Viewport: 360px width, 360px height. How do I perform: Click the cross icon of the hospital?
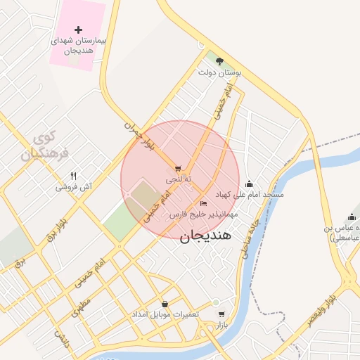pyautogui.click(x=78, y=30)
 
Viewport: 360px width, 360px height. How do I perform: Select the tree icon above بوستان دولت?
pyautogui.click(x=219, y=61)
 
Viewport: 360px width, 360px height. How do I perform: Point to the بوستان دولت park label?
pyautogui.click(x=219, y=72)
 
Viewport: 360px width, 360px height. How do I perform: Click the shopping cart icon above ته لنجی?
pyautogui.click(x=177, y=169)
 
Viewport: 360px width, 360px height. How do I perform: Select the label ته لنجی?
pyautogui.click(x=174, y=180)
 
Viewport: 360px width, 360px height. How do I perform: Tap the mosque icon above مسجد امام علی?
pyautogui.click(x=249, y=184)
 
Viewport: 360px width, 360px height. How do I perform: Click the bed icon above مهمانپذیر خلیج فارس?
pyautogui.click(x=204, y=203)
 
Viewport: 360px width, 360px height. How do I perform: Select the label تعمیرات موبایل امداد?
pyautogui.click(x=167, y=314)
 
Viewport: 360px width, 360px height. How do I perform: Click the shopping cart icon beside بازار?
pyautogui.click(x=221, y=314)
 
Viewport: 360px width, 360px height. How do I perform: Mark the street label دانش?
pyautogui.click(x=63, y=341)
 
